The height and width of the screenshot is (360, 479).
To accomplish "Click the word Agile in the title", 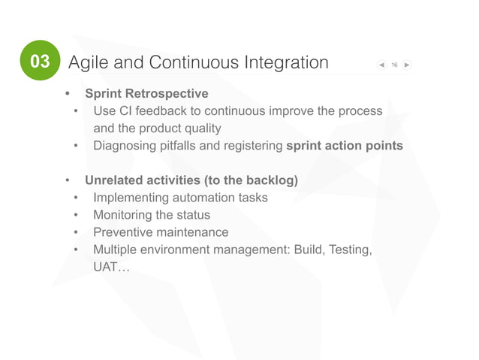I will (x=88, y=63).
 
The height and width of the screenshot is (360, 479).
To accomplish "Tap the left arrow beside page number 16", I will (x=383, y=65).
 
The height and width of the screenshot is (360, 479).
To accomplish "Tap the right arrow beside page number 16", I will (x=407, y=65).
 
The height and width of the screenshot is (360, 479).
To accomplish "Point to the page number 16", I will (x=395, y=65).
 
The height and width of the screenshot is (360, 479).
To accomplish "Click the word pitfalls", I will (x=182, y=145).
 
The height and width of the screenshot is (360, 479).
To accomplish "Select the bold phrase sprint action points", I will (x=345, y=145).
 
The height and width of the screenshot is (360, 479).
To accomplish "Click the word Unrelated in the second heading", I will (x=114, y=180).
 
